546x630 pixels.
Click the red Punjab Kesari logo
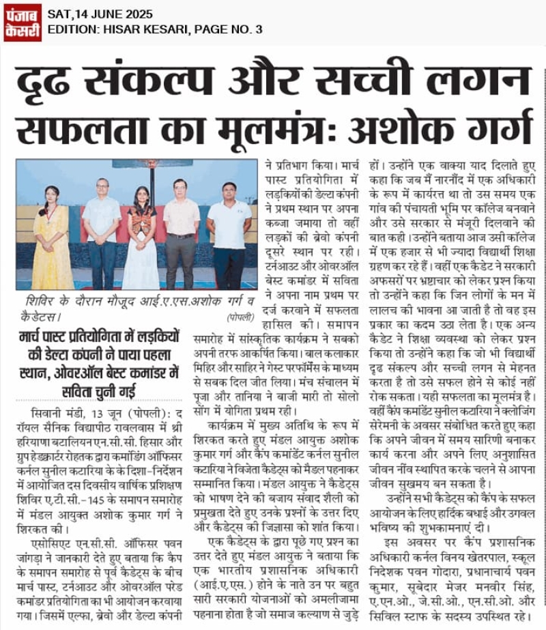coord(22,23)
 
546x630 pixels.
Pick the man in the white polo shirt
coord(229,232)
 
